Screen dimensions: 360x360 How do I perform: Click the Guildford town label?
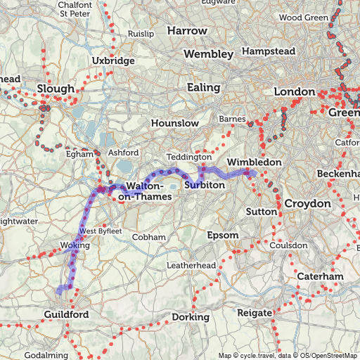point(66,314)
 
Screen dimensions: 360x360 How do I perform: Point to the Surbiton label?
point(205,184)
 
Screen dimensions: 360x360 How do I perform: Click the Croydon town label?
point(307,203)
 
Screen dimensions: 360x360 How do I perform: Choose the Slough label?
point(55,89)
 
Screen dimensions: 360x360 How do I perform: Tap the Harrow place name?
point(187,31)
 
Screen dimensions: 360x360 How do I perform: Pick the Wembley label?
point(208,54)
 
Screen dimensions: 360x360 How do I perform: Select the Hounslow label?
point(175,123)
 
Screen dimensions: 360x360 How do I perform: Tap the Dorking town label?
point(191,317)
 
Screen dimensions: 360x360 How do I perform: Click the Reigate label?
point(255,311)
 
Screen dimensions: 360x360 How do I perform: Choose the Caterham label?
point(320,277)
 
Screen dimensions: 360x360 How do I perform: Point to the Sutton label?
point(259,211)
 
